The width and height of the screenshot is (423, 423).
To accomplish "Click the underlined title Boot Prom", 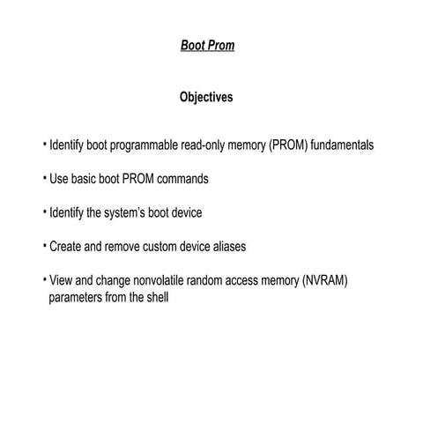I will (207, 45).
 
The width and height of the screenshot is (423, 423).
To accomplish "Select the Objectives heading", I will (206, 97).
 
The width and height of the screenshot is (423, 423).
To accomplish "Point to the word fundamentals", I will (342, 145).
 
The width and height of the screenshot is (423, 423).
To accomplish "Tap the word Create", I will (66, 248).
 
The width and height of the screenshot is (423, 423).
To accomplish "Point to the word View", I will (62, 282).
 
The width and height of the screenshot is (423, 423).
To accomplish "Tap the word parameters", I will (78, 298).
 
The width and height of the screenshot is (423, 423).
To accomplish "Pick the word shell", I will (155, 298).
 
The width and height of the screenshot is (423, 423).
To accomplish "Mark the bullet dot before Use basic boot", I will (44, 178).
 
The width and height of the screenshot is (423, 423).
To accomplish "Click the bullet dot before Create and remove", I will (44, 247).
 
